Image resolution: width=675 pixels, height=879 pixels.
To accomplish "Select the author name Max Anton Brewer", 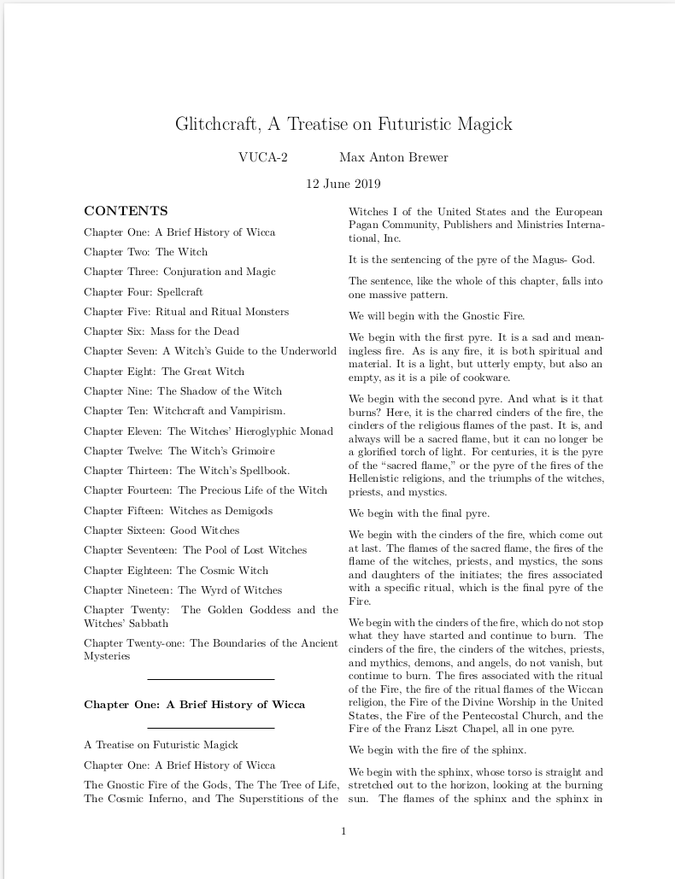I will [393, 157].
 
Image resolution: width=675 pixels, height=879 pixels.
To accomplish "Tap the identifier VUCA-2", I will [263, 157].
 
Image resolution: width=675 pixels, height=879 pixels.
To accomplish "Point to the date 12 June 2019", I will [343, 184].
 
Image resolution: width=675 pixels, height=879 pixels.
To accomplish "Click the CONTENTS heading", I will [126, 211].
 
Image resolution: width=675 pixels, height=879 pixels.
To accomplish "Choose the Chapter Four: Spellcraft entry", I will [144, 292].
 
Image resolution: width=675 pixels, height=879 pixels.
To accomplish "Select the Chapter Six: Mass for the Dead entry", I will [161, 331].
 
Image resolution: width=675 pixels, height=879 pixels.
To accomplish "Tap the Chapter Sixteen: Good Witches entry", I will [161, 530].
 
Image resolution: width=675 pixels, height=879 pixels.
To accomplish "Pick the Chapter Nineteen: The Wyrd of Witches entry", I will [183, 590].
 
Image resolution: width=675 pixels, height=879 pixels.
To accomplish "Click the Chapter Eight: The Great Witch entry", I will [164, 372].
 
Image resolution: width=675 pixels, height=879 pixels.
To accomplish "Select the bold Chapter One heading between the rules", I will [194, 705].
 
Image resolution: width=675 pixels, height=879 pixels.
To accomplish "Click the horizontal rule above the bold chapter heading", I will [211, 679].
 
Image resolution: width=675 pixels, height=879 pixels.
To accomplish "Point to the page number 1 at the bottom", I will [343, 831].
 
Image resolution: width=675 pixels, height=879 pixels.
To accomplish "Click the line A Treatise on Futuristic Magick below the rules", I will [161, 745].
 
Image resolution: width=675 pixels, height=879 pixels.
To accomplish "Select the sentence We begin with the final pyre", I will [419, 514].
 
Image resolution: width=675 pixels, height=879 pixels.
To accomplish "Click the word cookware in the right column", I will [485, 378].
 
